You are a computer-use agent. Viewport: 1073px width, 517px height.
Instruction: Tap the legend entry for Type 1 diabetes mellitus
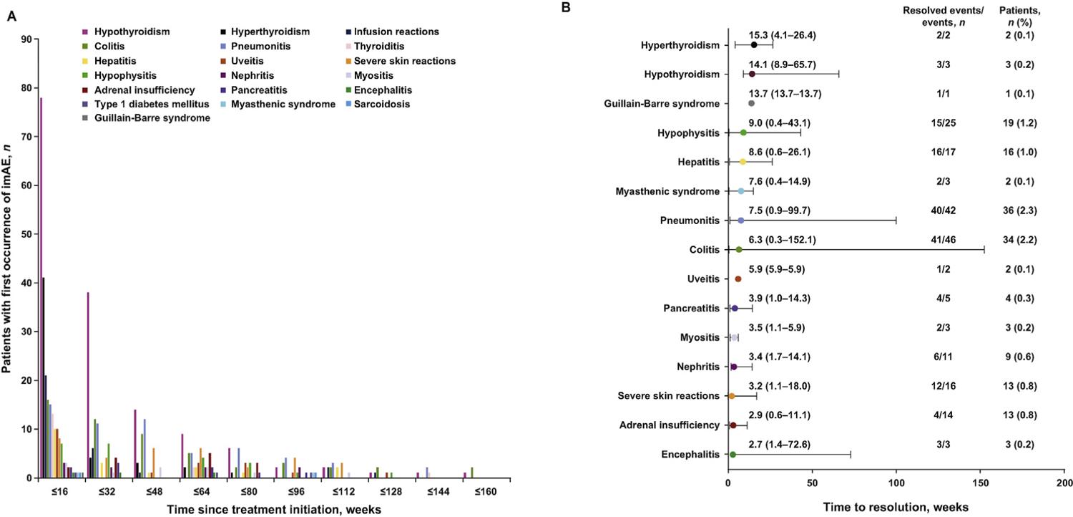[132, 104]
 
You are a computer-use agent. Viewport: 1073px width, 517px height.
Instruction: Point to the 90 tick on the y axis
[27, 39]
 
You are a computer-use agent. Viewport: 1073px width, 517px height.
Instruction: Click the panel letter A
[10, 19]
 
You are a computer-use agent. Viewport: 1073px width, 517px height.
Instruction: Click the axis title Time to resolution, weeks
[896, 507]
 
